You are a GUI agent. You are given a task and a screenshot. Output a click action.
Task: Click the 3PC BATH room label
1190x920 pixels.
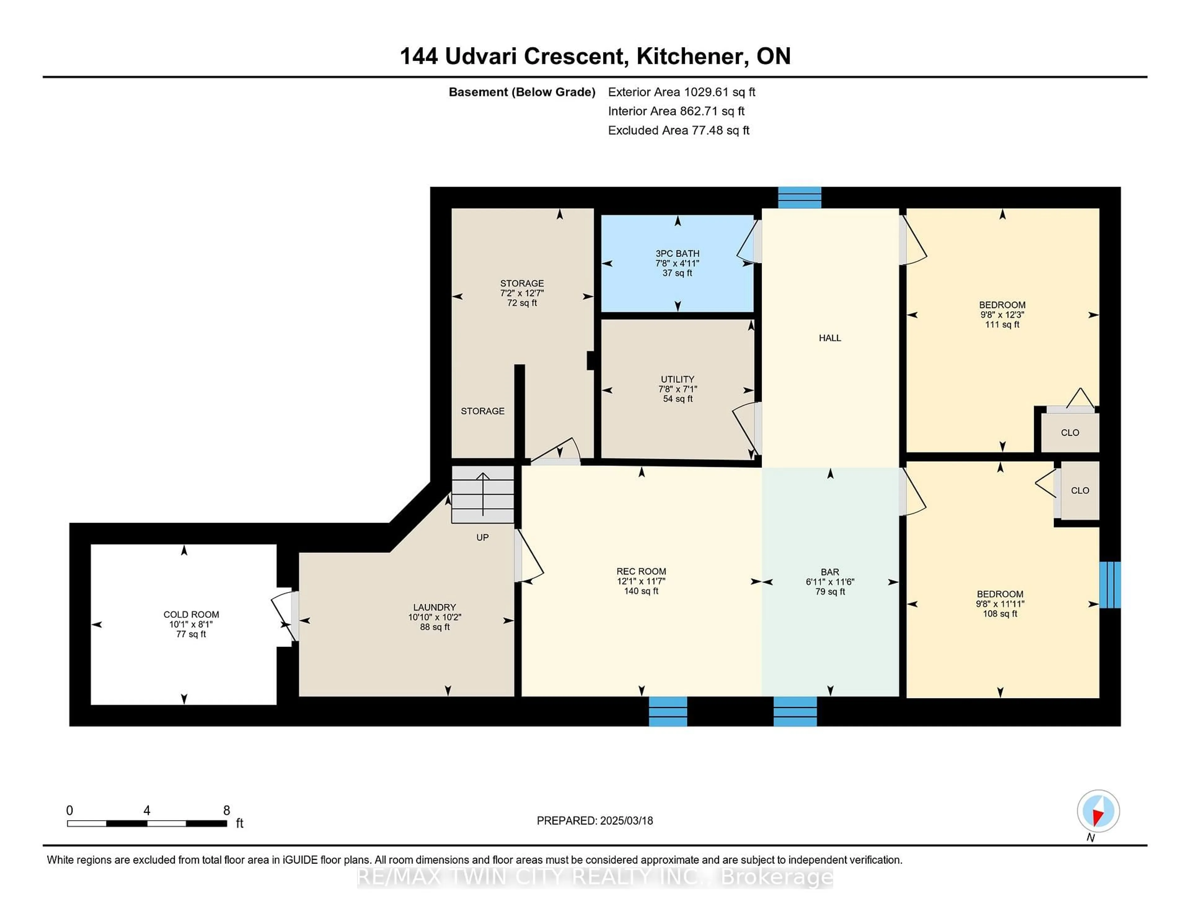[x=677, y=254]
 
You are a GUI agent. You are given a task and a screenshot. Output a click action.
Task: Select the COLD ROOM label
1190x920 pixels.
[x=191, y=615]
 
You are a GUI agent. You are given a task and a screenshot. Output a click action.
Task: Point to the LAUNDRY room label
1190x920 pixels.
[x=434, y=607]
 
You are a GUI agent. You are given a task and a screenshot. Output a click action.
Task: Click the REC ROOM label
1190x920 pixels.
[x=641, y=571]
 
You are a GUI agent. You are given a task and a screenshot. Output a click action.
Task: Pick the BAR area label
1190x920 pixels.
[x=830, y=572]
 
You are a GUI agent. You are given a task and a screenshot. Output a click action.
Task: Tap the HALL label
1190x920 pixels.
[x=830, y=338]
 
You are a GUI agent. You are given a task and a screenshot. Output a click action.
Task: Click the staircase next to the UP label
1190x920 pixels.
[x=483, y=494]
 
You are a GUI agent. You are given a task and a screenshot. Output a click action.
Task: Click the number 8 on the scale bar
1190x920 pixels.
[x=227, y=811]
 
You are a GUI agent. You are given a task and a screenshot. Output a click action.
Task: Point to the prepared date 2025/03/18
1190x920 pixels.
[x=626, y=820]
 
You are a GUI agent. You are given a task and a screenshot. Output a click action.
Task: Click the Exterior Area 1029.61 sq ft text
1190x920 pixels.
[x=682, y=92]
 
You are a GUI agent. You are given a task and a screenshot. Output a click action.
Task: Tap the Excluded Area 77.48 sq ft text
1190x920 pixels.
[x=679, y=130]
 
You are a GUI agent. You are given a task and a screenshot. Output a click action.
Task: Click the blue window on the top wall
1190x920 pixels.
[x=799, y=198]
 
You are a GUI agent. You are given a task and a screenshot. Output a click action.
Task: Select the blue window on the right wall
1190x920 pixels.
[x=1110, y=585]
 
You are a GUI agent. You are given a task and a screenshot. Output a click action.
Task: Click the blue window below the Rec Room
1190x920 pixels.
[x=668, y=711]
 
